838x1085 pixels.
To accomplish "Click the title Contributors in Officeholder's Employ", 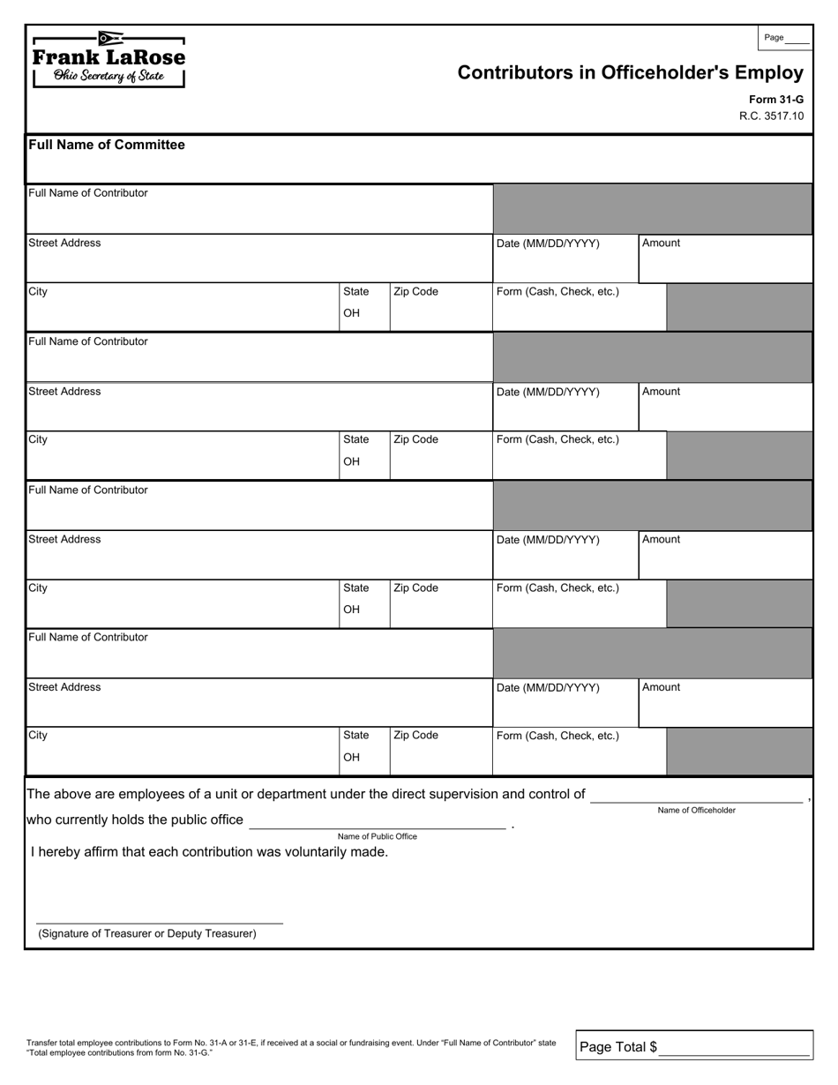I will click(x=630, y=73).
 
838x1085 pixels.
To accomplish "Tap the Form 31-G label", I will click(x=775, y=101).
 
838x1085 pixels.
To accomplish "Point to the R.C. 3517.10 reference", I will click(x=771, y=116).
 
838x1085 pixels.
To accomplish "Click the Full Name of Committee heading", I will click(x=107, y=145).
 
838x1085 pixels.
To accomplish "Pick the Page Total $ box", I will click(x=693, y=1047).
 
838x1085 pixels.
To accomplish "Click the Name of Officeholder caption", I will click(x=696, y=810).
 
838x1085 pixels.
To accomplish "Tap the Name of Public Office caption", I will click(x=377, y=836).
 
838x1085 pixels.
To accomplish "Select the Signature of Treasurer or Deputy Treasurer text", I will click(x=147, y=933).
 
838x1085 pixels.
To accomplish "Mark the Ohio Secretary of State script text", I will click(x=108, y=77).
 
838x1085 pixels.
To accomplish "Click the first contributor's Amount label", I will click(x=661, y=243).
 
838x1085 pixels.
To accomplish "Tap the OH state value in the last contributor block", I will click(x=351, y=757).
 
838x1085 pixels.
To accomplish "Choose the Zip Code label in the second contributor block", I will click(x=415, y=439).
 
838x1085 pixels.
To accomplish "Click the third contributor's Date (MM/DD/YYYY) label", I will click(x=548, y=540).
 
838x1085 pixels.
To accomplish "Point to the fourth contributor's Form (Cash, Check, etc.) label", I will click(x=557, y=736).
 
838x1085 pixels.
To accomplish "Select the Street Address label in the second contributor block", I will click(x=64, y=392).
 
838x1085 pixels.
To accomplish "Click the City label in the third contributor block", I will click(x=38, y=588).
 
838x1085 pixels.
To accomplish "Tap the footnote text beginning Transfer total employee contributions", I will click(x=291, y=1047).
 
